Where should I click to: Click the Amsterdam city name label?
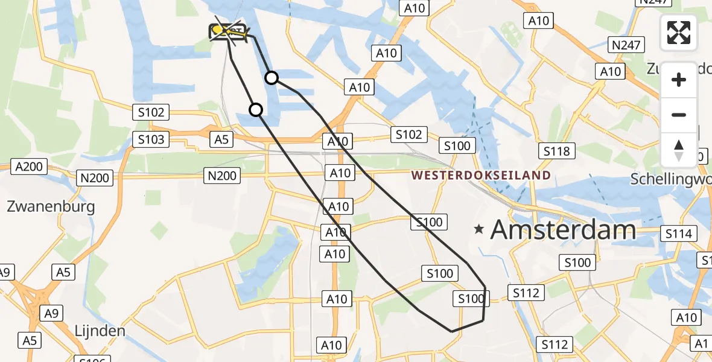click(x=563, y=230)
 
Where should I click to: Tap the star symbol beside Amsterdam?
click(x=479, y=229)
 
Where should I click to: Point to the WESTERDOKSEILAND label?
click(x=481, y=176)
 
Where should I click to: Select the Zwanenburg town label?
click(x=51, y=207)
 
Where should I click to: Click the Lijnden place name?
click(x=100, y=331)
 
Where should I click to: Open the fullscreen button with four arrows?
click(x=679, y=33)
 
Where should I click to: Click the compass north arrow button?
click(x=679, y=150)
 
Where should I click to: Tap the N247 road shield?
click(x=626, y=45)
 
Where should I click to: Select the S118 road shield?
click(x=556, y=151)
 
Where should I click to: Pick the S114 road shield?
click(x=679, y=233)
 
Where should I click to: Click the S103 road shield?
click(x=151, y=140)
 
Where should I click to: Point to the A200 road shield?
click(x=29, y=167)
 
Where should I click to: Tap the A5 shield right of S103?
click(x=221, y=139)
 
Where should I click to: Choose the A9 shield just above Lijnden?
click(x=51, y=313)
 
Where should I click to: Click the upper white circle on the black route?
click(x=272, y=78)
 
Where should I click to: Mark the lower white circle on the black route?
click(x=256, y=110)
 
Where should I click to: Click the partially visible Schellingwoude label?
click(x=670, y=179)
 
